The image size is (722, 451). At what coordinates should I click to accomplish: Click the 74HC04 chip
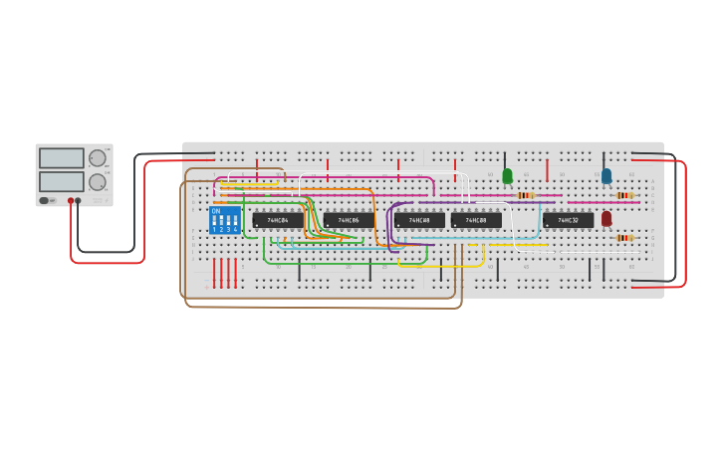pos(278,220)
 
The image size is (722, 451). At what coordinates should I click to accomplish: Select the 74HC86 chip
pos(349,220)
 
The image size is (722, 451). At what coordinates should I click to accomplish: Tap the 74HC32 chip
pos(568,220)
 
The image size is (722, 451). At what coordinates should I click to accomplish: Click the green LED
pos(507,176)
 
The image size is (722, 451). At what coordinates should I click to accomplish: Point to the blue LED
pos(606,176)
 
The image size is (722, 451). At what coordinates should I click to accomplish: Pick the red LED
pos(606,218)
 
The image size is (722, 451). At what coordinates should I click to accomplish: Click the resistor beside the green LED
pos(525,195)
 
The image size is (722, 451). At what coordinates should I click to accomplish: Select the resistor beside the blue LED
pos(624,195)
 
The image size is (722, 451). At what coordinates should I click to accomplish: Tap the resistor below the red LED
pos(624,238)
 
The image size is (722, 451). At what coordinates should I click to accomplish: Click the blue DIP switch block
pos(225,220)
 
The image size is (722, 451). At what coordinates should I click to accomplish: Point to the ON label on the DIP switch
pos(216,211)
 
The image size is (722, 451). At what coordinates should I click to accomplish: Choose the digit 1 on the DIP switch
pos(214,230)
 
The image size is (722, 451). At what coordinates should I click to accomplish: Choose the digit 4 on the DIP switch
pos(235,230)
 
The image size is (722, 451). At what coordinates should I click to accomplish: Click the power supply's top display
pos(62,158)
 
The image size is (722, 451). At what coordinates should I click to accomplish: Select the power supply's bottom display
pos(62,181)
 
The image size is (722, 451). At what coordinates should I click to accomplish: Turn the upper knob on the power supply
pos(98,157)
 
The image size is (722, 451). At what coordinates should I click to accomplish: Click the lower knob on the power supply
pos(98,182)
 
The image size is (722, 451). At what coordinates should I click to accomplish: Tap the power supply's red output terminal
pos(71,201)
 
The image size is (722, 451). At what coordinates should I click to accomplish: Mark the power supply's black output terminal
pos(79,201)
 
